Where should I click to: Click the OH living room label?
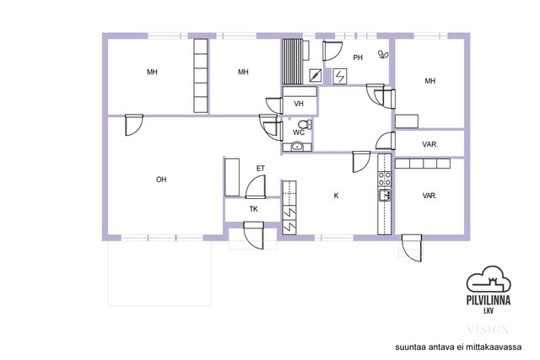click(x=161, y=180)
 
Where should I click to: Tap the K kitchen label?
click(x=336, y=196)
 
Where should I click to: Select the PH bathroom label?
click(x=358, y=57)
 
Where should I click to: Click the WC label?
click(x=299, y=132)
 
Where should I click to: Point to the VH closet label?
click(x=299, y=104)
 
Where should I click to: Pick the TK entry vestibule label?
click(x=253, y=209)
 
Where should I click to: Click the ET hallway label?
click(x=261, y=169)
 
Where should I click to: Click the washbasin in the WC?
click(x=297, y=147)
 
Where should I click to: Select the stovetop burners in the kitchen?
click(x=385, y=179)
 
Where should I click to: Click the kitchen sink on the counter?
click(x=385, y=195)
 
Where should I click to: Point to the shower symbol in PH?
click(x=383, y=54)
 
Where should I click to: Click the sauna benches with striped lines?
click(x=293, y=62)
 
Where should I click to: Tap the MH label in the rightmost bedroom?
click(x=430, y=81)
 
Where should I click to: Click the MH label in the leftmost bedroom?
click(x=152, y=72)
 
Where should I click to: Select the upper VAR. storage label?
click(x=430, y=144)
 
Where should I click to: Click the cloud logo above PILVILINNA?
click(x=489, y=279)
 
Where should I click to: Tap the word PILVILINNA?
click(x=489, y=300)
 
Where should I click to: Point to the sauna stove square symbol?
click(x=316, y=76)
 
